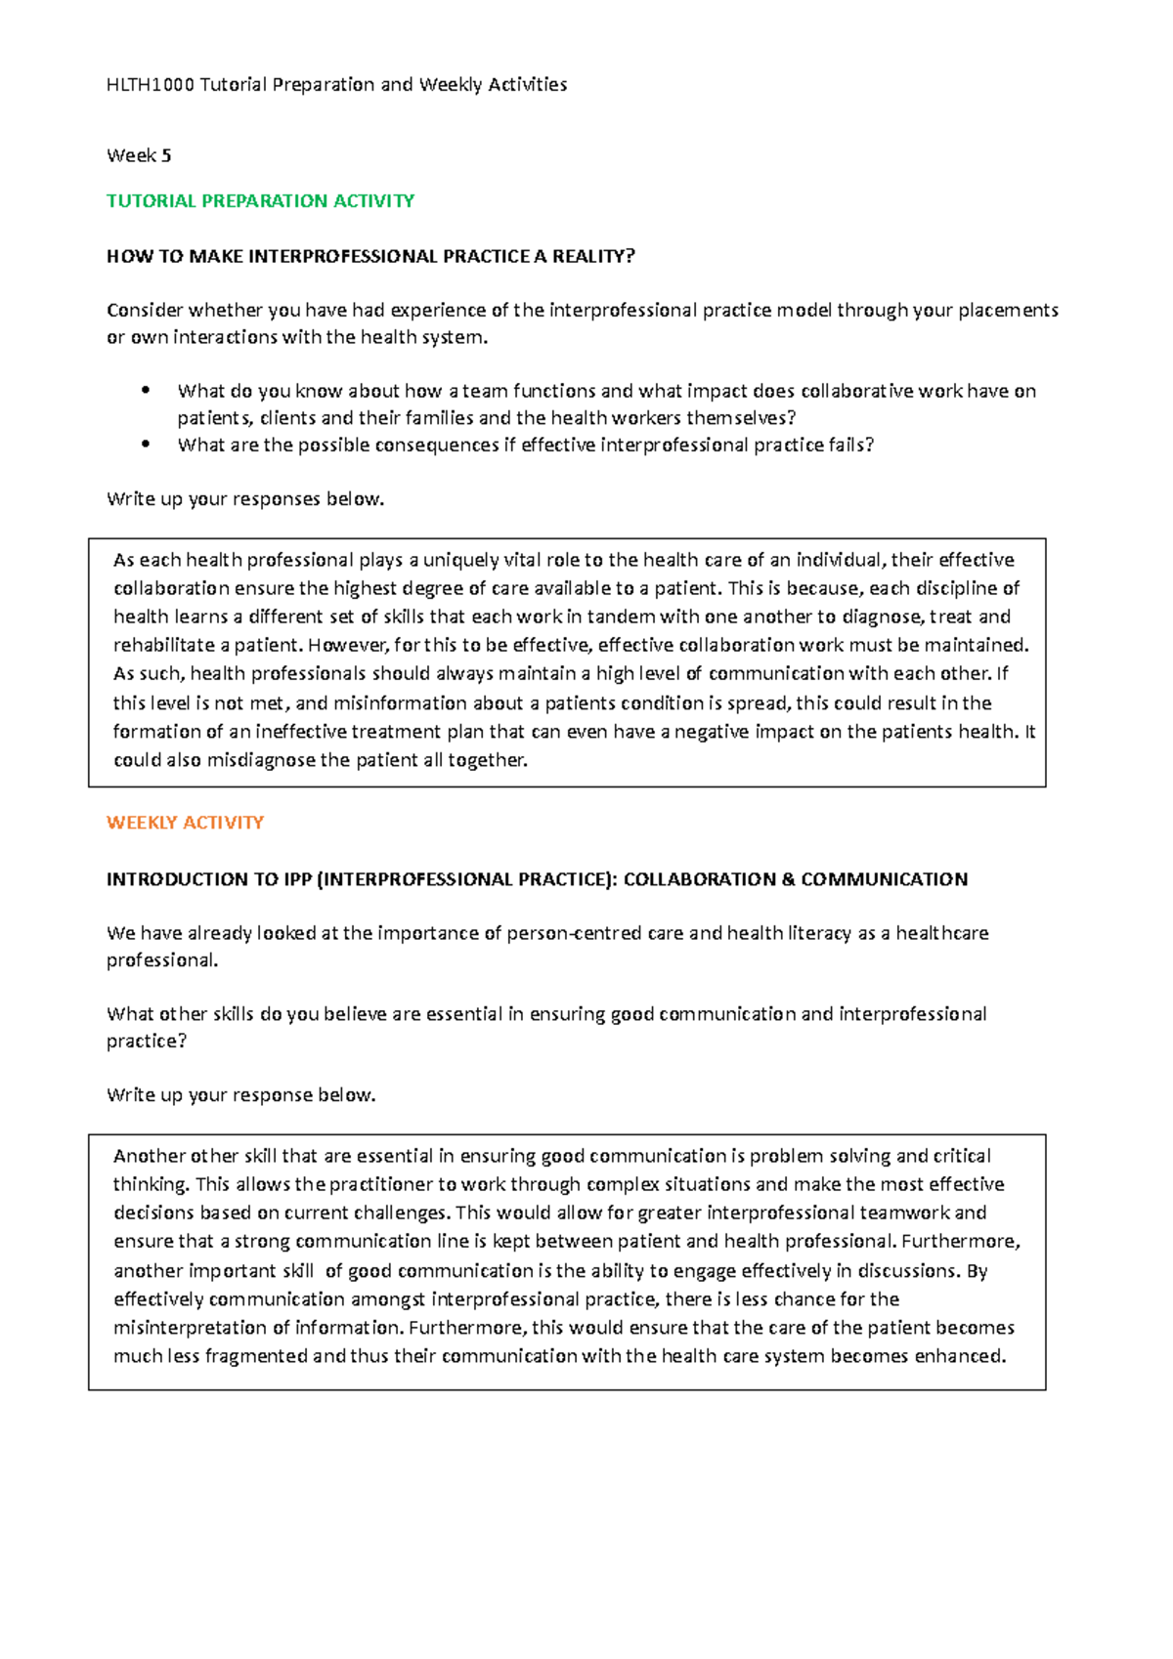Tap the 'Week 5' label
tap(139, 155)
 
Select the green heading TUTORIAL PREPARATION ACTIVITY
tap(260, 201)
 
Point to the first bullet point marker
tap(146, 390)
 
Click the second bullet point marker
tap(146, 444)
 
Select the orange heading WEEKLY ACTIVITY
tap(185, 823)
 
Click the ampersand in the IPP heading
tap(788, 879)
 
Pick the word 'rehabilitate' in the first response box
tap(164, 645)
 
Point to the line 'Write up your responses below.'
tap(245, 499)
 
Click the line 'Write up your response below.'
tap(240, 1095)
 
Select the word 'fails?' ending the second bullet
tap(851, 446)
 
